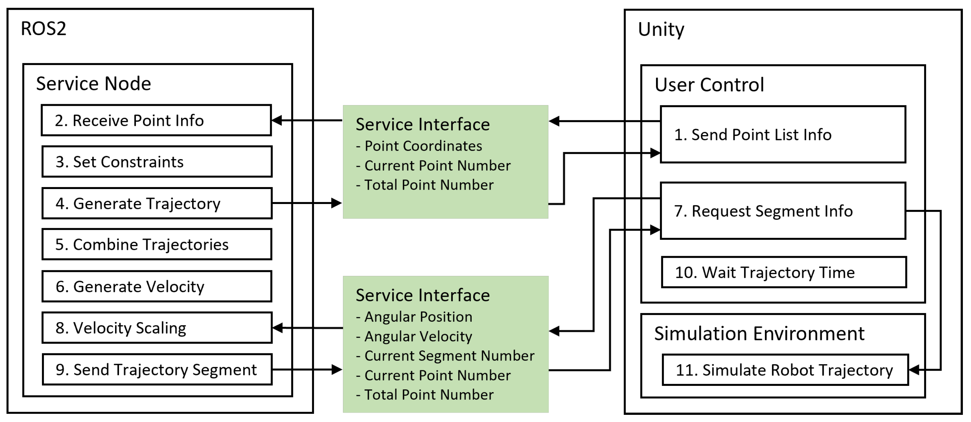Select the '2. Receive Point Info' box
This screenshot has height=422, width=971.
(156, 120)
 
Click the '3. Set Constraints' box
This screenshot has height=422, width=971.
(157, 162)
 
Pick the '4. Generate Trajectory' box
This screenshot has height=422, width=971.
(157, 203)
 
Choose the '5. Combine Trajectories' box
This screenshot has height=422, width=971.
(157, 244)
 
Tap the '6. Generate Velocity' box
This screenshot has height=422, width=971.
(157, 286)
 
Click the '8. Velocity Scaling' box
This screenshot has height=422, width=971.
(157, 328)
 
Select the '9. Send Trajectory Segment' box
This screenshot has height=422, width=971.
(157, 370)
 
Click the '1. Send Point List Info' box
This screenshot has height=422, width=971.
(783, 135)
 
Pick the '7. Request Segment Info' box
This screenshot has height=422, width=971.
(783, 211)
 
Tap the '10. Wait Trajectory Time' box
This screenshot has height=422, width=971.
(784, 272)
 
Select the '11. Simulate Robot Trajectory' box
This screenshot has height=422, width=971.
(785, 370)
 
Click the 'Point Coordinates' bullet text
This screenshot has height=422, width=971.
(423, 146)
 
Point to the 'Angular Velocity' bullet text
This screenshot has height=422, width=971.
(418, 336)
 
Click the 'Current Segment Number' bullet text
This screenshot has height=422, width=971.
(449, 356)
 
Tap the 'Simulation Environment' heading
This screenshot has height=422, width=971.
(759, 334)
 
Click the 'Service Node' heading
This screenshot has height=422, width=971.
(94, 83)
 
